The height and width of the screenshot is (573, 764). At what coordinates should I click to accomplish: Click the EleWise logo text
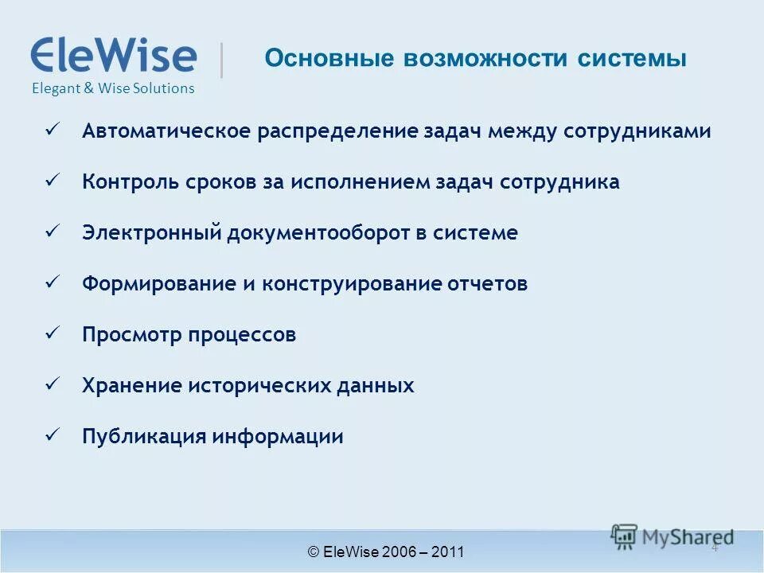point(113,56)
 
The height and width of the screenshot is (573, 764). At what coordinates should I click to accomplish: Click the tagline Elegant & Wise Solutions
point(113,88)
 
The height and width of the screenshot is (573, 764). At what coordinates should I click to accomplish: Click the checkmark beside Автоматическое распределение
point(53,129)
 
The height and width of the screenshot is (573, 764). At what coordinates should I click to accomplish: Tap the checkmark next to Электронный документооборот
point(53,231)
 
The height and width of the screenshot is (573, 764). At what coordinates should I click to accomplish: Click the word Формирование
point(158,284)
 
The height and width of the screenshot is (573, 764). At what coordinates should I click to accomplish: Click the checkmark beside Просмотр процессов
point(53,333)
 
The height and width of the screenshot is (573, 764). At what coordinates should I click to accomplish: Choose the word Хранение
point(131,386)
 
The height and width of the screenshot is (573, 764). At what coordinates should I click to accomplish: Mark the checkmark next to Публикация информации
point(53,435)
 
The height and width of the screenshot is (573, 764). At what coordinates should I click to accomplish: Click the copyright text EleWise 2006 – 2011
point(386,552)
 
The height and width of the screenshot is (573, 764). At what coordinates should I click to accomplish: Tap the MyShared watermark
point(672,536)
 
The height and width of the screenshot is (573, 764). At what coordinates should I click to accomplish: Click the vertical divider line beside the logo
point(221,60)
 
